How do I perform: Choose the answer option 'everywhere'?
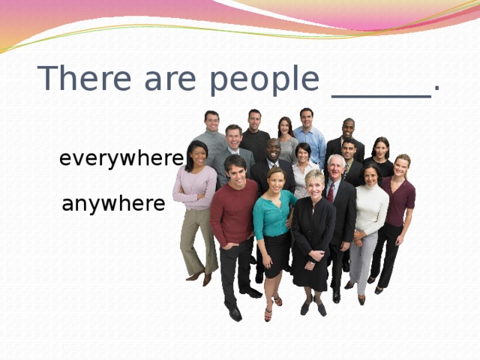(x=121, y=159)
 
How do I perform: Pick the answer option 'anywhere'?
(x=113, y=203)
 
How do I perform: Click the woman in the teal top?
(x=274, y=217)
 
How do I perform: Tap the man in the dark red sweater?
(x=233, y=214)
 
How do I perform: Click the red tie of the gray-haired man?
(x=331, y=193)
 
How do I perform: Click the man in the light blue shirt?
(x=309, y=139)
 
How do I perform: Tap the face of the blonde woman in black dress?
(x=314, y=183)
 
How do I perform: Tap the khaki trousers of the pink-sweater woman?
(x=196, y=240)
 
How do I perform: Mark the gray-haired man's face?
(x=336, y=166)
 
